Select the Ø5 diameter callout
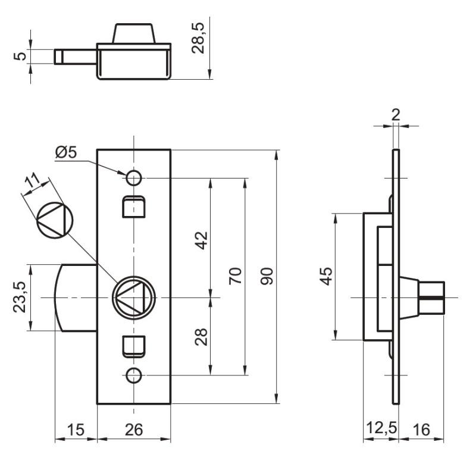pyautogui.click(x=66, y=152)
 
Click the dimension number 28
pyautogui.click(x=202, y=337)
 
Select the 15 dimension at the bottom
pyautogui.click(x=76, y=430)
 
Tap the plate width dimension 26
pyautogui.click(x=134, y=430)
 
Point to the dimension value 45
pyautogui.click(x=326, y=276)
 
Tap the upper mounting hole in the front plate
pyautogui.click(x=134, y=177)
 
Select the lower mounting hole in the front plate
pyautogui.click(x=134, y=375)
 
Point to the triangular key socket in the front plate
pyautogui.click(x=134, y=296)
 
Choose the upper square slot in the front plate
pyautogui.click(x=134, y=206)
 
